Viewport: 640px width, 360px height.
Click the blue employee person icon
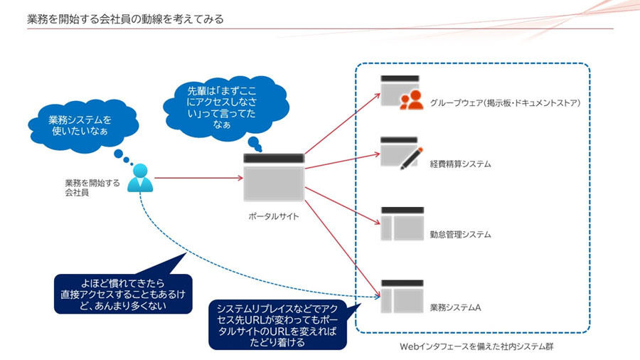pos(140,179)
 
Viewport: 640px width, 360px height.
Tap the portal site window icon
pos(274,178)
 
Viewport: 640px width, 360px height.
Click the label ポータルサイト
pos(274,216)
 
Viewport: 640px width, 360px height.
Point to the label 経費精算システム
pos(460,164)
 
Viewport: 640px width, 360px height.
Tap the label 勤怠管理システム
pos(460,234)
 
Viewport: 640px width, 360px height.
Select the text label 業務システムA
pos(456,307)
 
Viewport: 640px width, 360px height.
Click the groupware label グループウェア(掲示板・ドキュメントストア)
pos(506,103)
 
